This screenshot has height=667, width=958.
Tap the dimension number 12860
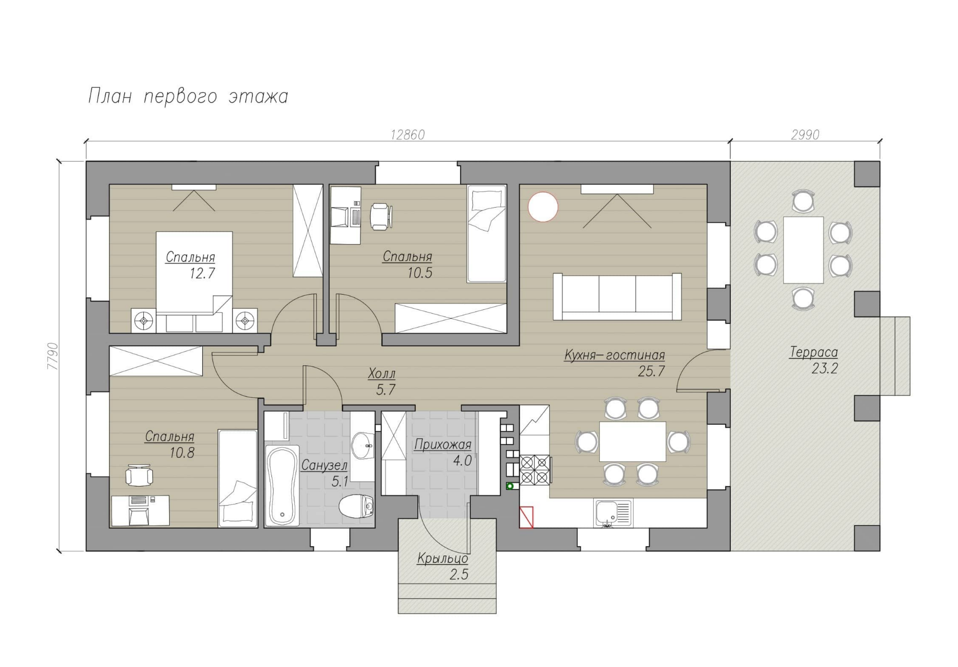(407, 135)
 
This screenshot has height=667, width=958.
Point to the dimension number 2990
(805, 135)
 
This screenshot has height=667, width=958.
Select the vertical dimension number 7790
(53, 356)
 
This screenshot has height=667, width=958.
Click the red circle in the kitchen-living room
(542, 207)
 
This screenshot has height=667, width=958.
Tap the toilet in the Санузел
(356, 506)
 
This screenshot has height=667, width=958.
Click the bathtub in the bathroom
(282, 486)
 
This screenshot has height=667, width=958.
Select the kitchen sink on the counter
(613, 514)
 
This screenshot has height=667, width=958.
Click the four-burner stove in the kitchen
(534, 470)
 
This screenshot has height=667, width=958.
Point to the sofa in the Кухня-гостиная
(617, 297)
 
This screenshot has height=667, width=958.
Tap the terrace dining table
(803, 250)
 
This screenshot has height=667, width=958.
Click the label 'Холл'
(382, 374)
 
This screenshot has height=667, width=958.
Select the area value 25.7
(651, 371)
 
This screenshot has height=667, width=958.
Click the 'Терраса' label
(813, 353)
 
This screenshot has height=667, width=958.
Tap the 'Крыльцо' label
(442, 559)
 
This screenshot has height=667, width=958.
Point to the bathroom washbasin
(362, 446)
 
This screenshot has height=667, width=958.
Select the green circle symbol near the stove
(510, 486)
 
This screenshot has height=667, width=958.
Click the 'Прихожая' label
(442, 445)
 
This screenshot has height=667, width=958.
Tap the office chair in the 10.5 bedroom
(380, 216)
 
